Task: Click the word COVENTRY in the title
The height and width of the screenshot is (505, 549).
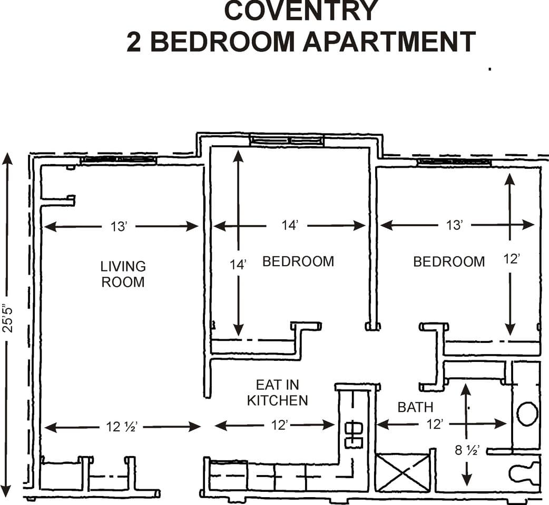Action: [x=301, y=12]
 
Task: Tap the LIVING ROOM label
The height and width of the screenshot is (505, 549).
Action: [x=123, y=274]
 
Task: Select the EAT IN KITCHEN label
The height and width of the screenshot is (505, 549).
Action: [x=278, y=392]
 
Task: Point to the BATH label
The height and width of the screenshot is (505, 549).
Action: [x=416, y=407]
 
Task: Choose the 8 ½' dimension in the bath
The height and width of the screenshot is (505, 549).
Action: [x=466, y=450]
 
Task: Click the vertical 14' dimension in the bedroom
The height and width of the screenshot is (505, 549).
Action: [x=239, y=265]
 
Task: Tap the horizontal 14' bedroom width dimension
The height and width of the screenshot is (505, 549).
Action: [x=290, y=226]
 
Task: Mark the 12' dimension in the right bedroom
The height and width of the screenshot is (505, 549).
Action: [x=510, y=259]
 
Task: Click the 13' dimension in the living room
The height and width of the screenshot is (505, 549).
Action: [x=119, y=226]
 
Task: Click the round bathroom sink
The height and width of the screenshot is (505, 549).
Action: [x=527, y=413]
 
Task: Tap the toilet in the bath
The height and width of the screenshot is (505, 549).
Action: [x=525, y=472]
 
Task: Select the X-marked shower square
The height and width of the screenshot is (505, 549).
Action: [x=403, y=472]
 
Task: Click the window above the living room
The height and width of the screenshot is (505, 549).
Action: [x=118, y=159]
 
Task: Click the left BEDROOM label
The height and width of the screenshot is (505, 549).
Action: [x=298, y=261]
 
